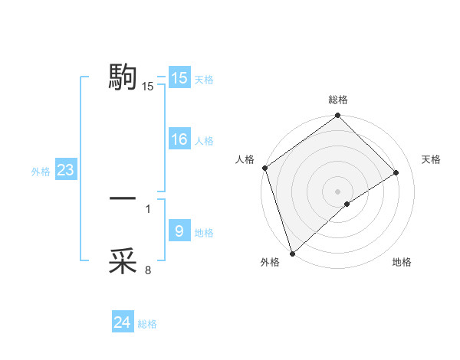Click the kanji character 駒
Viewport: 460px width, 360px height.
123,77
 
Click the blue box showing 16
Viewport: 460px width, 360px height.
179,139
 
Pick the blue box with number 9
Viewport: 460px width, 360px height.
179,231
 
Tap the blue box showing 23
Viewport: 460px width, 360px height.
65,170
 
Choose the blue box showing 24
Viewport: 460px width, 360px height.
123,322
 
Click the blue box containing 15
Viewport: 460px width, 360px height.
179,78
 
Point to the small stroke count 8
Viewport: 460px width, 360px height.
148,270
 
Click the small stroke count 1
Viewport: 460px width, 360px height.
148,208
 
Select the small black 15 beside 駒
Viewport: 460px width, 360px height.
148,87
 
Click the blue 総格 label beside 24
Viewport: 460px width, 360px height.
147,324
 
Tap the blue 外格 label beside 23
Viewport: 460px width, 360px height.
41,172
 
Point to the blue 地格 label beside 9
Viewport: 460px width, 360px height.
204,233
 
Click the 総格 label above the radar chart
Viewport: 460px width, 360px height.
338,100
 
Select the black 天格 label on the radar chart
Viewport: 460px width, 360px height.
431,159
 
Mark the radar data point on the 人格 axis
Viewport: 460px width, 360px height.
264,168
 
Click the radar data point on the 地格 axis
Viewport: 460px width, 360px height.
347,204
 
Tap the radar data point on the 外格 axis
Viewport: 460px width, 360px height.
291,253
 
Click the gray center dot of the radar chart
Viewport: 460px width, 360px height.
337,190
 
